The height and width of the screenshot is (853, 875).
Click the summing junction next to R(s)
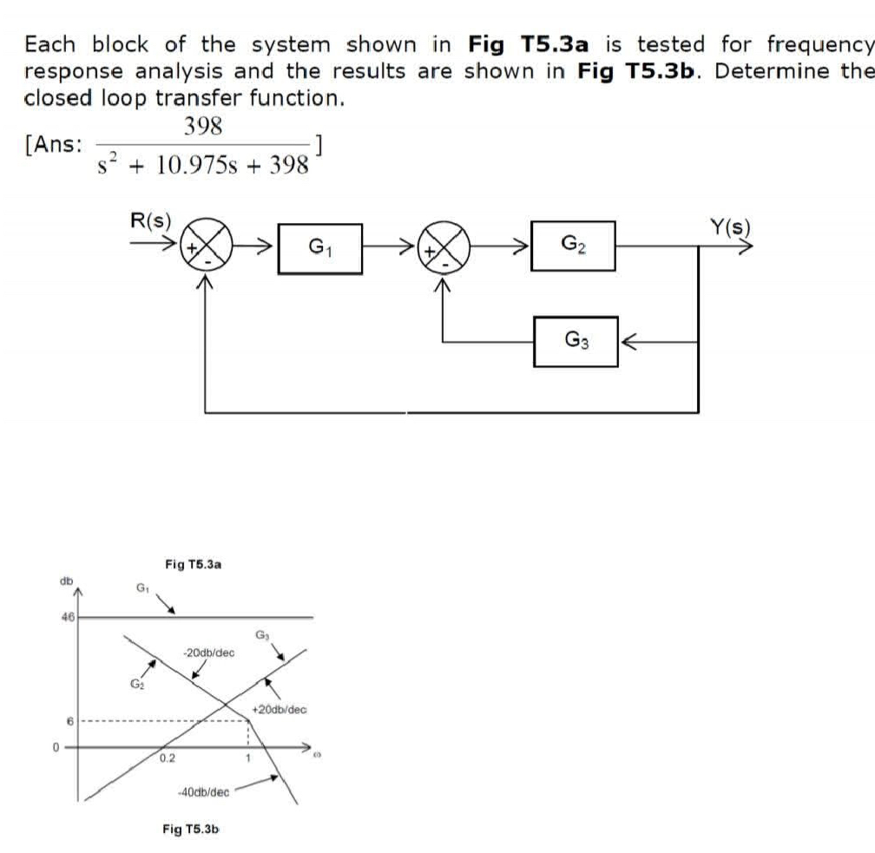(x=206, y=249)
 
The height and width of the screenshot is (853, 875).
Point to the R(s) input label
(x=150, y=220)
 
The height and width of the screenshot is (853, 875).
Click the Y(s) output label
(x=728, y=228)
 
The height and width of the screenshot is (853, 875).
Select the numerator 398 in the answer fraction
(x=203, y=128)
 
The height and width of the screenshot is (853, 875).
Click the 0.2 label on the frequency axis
(x=167, y=758)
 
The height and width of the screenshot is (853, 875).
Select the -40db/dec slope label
(x=203, y=791)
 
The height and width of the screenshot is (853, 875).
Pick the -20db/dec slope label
(x=208, y=651)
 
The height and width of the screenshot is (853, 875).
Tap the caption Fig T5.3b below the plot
(x=192, y=830)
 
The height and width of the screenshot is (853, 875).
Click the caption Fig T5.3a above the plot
(x=194, y=565)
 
